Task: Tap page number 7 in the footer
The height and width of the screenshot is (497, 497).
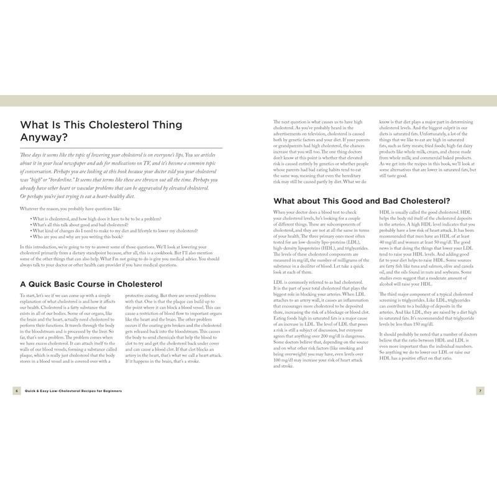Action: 480,390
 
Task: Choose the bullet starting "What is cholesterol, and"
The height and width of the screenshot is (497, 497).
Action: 96,219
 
